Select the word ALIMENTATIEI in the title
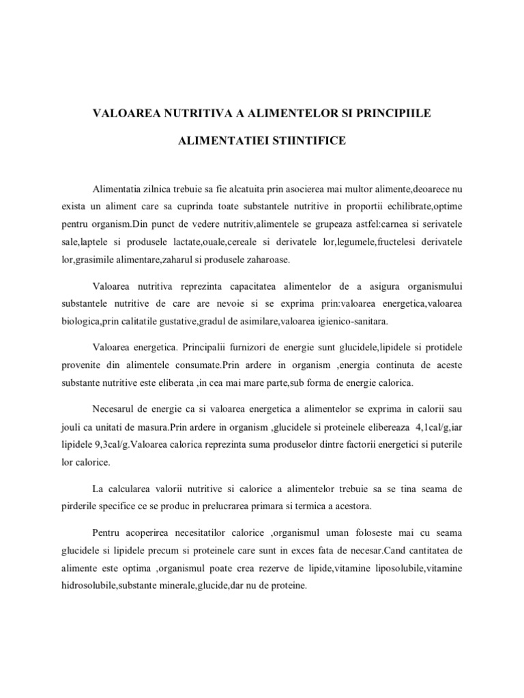[219, 141]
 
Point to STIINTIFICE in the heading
[310, 141]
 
